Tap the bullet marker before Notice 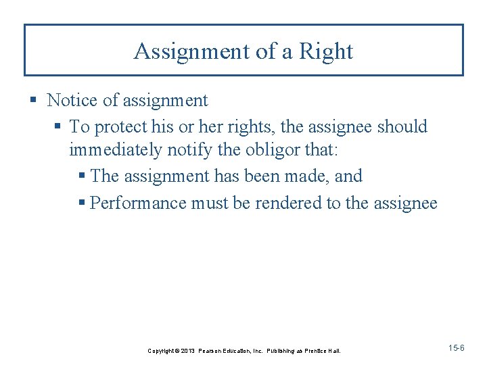click(34, 101)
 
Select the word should click(402, 126)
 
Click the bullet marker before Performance click(83, 203)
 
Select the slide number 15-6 click(456, 347)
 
